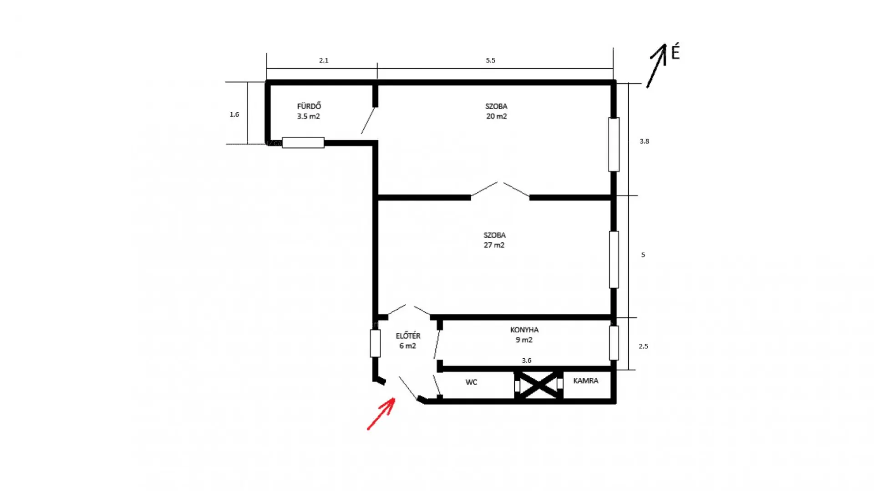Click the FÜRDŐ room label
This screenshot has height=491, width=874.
[309, 106]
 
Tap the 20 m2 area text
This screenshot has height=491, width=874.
[496, 116]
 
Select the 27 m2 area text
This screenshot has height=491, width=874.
[494, 245]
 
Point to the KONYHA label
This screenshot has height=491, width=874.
[524, 330]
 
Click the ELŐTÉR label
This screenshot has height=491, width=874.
[408, 336]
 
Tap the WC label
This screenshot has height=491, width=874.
[471, 382]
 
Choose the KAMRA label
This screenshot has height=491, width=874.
[585, 381]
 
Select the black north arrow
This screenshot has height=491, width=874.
[657, 65]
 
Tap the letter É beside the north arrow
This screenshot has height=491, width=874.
[676, 52]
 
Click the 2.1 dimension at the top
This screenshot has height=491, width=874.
[324, 60]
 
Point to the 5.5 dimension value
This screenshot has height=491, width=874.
[490, 60]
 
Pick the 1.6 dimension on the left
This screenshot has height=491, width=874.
[234, 115]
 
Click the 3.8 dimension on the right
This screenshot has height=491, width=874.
[644, 141]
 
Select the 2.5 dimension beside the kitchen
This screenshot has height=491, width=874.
[643, 346]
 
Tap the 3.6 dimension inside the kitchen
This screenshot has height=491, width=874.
[526, 361]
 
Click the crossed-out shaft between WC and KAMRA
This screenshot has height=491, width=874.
[539, 385]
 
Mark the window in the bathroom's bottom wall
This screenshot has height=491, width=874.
[303, 143]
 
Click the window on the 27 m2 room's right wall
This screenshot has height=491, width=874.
[614, 260]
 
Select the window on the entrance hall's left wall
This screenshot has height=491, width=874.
[375, 343]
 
